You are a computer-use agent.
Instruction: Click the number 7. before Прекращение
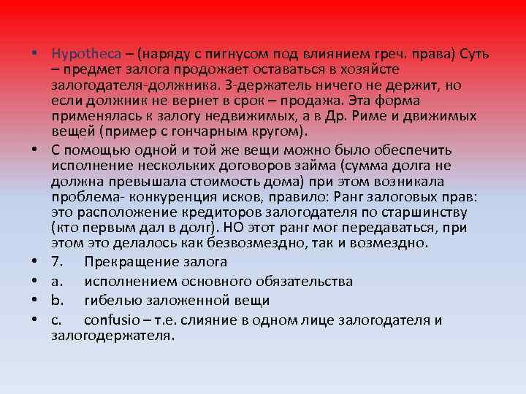pos(58,261)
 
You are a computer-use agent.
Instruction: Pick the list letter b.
pos(57,301)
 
